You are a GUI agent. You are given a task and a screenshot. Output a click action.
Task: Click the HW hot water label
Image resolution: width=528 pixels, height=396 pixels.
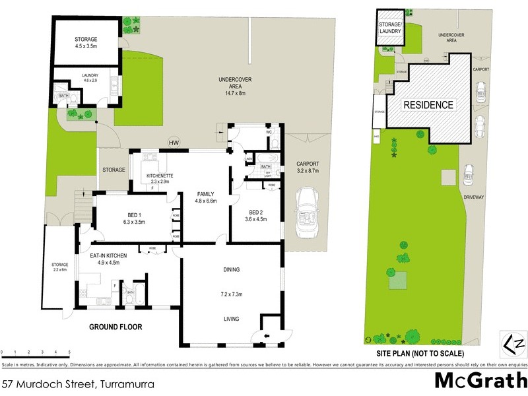[x=174, y=143]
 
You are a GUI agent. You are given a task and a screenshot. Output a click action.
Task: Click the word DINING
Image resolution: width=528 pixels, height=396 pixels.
[x=231, y=269]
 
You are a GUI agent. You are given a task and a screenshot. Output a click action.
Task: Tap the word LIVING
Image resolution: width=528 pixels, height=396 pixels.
[x=231, y=319]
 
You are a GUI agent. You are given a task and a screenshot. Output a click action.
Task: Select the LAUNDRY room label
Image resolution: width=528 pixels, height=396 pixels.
[x=90, y=75]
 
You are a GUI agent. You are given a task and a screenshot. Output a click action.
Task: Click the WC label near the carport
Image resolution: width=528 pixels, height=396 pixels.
[x=269, y=132]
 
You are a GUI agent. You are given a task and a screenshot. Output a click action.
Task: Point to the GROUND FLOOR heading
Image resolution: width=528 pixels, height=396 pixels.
[x=115, y=327]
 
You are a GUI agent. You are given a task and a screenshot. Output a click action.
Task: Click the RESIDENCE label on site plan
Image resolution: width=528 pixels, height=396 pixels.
[x=428, y=105]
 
